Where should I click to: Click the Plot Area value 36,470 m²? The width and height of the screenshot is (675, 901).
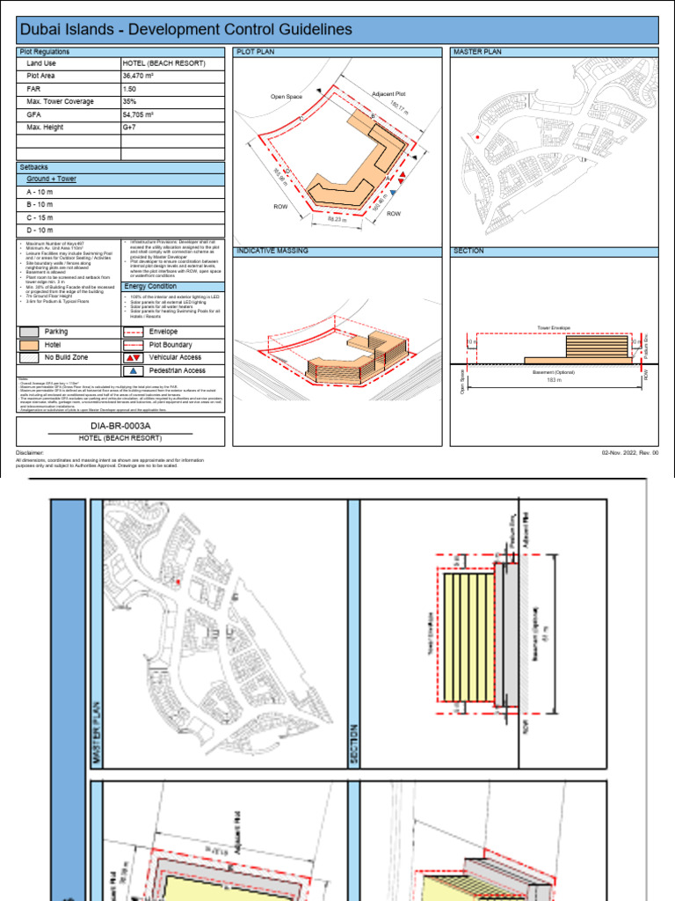[140, 77]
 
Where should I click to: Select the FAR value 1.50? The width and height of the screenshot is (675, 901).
[131, 89]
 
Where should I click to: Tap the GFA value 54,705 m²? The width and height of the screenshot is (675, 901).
[140, 114]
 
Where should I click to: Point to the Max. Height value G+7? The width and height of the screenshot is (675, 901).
[131, 128]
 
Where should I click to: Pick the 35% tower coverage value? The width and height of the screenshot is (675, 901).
[130, 102]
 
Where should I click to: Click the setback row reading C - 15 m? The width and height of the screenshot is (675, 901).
[40, 217]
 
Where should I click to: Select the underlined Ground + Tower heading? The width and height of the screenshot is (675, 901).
[51, 179]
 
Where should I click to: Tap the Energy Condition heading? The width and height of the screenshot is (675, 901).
[149, 287]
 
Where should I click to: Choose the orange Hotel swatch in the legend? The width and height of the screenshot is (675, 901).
[29, 346]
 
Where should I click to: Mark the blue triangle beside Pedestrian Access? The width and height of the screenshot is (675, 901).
[134, 371]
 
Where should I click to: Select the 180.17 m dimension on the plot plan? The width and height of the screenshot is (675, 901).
[400, 108]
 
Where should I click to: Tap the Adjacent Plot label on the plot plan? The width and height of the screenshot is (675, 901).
[388, 93]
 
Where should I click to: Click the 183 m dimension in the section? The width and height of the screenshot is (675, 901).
[553, 379]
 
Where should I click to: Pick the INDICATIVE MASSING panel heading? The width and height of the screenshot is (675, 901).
[272, 251]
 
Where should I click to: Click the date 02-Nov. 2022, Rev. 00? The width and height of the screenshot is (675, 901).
[630, 452]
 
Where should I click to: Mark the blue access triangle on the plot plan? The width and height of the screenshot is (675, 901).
[394, 191]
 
